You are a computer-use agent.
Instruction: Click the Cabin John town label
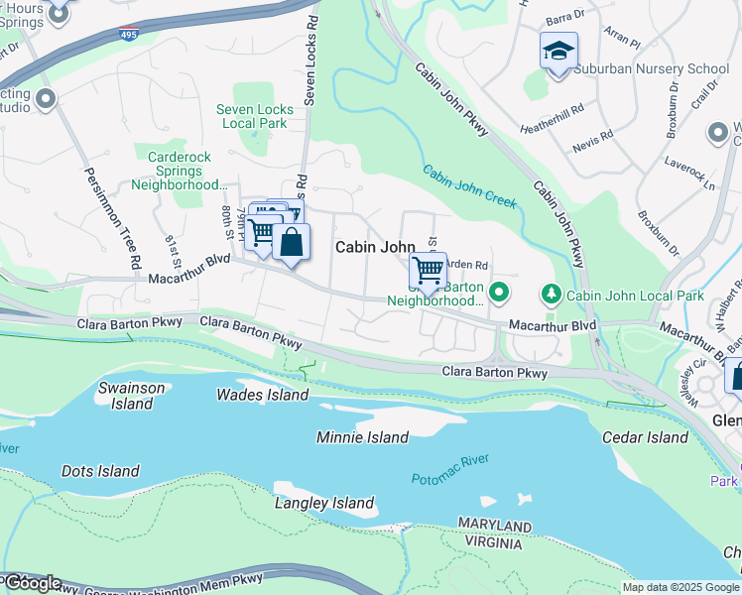[374, 247]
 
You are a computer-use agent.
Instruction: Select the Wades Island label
[263, 395]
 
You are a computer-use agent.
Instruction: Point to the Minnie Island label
[362, 437]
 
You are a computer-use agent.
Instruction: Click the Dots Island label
[100, 471]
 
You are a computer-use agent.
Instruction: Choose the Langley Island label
[324, 503]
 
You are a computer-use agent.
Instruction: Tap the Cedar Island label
[645, 437]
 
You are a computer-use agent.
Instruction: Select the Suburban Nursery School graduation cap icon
[558, 50]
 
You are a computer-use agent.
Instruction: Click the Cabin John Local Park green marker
[550, 295]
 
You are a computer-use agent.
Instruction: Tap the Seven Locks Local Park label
[256, 116]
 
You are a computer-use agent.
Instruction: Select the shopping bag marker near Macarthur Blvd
[292, 242]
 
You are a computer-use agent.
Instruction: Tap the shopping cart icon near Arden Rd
[428, 270]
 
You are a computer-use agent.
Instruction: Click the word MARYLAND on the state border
[494, 524]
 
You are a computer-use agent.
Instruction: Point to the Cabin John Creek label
[470, 185]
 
